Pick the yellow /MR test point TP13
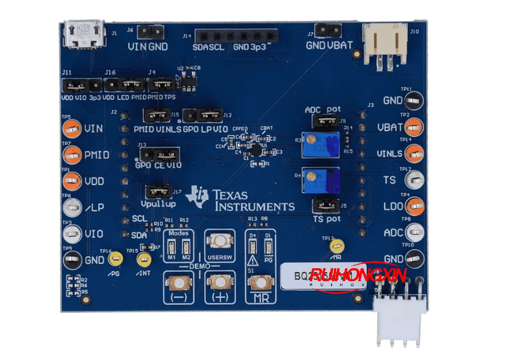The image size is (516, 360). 336,246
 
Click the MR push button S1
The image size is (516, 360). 260,283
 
